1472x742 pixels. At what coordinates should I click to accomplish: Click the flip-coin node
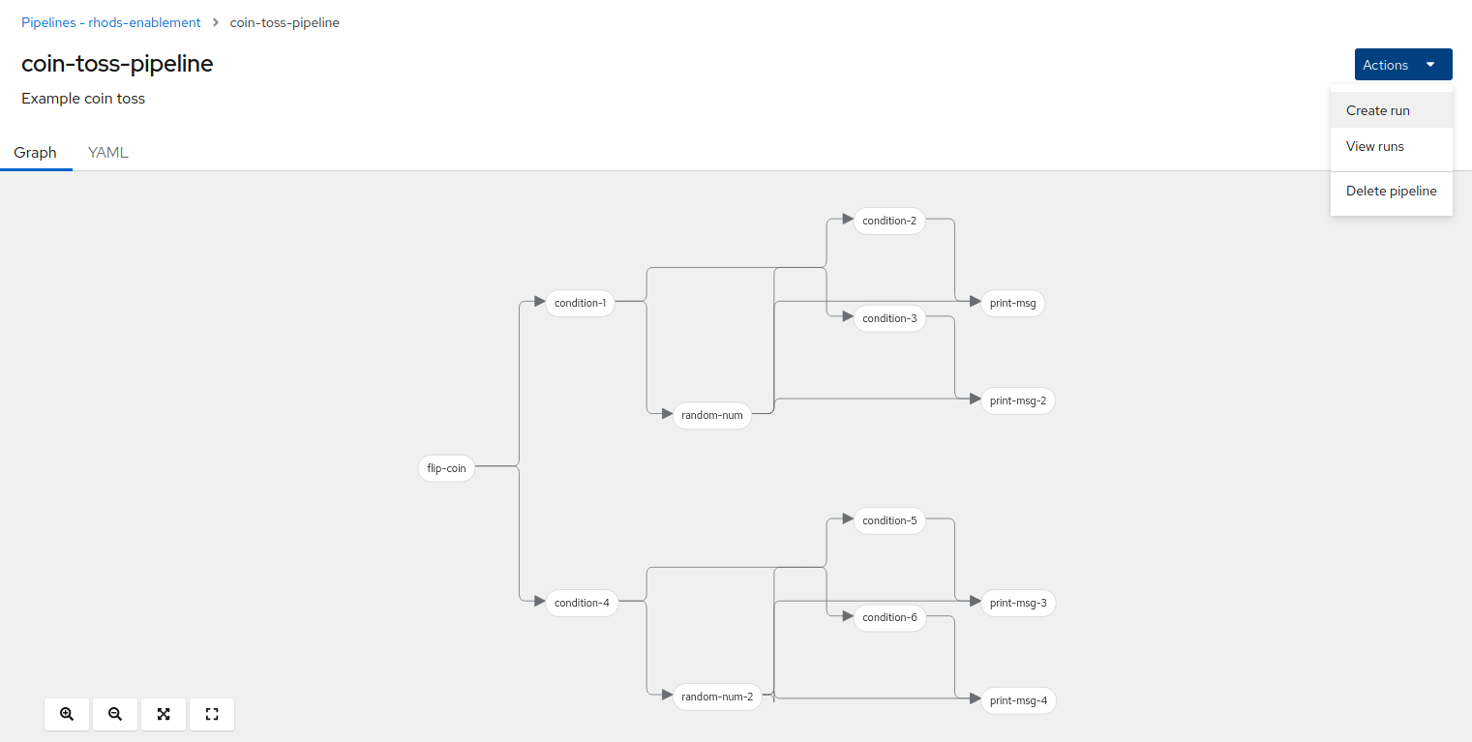pos(446,468)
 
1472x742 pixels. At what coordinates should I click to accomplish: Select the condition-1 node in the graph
pos(580,303)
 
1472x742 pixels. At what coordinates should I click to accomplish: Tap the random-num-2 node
pos(717,697)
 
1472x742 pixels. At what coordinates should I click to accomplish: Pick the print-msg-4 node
pos(1018,700)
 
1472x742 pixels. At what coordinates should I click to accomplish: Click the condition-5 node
pos(889,520)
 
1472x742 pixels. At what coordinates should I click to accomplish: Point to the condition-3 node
pos(889,318)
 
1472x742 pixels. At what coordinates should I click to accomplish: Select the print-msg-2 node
pos(1017,401)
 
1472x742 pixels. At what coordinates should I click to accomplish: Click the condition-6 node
pos(889,617)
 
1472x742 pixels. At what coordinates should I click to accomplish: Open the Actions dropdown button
pos(1403,65)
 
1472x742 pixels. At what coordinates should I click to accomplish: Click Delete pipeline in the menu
pos(1391,192)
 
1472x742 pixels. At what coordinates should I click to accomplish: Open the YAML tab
pos(107,152)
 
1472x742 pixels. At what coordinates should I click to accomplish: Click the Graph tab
pos(36,152)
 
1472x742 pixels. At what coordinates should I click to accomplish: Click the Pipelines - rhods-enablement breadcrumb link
pos(111,22)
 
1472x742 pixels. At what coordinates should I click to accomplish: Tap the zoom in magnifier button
pos(67,714)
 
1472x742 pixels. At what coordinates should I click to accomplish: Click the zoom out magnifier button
pos(115,714)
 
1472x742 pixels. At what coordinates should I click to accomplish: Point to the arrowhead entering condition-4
pos(539,602)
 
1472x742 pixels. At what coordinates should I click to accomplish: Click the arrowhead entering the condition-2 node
pos(848,220)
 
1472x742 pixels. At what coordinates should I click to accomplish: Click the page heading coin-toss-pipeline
pos(117,64)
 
